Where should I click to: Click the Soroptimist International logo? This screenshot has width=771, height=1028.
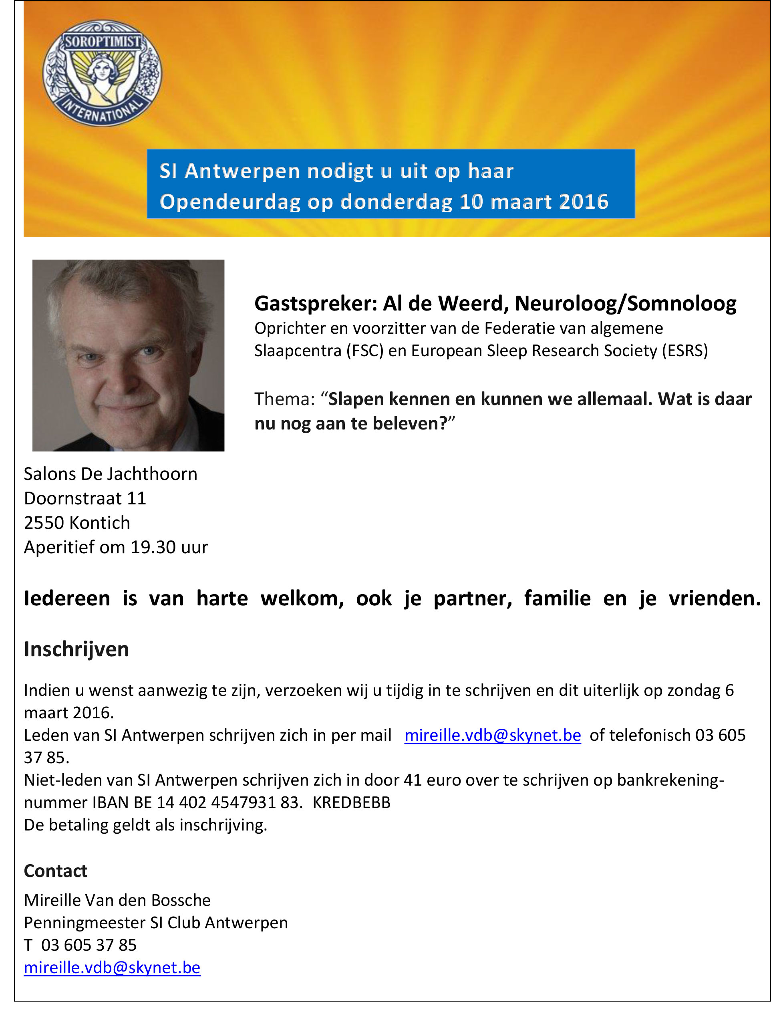(102, 73)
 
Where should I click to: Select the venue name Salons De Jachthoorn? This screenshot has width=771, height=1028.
(111, 474)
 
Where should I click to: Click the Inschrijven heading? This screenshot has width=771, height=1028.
(76, 649)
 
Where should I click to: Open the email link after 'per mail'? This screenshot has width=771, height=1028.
(493, 735)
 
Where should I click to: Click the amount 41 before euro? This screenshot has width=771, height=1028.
(412, 780)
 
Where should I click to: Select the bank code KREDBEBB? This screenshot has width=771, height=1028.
(351, 802)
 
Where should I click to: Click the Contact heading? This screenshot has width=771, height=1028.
(56, 871)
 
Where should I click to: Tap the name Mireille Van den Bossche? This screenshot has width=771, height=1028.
(117, 900)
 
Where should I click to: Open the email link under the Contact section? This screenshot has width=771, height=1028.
(112, 967)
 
